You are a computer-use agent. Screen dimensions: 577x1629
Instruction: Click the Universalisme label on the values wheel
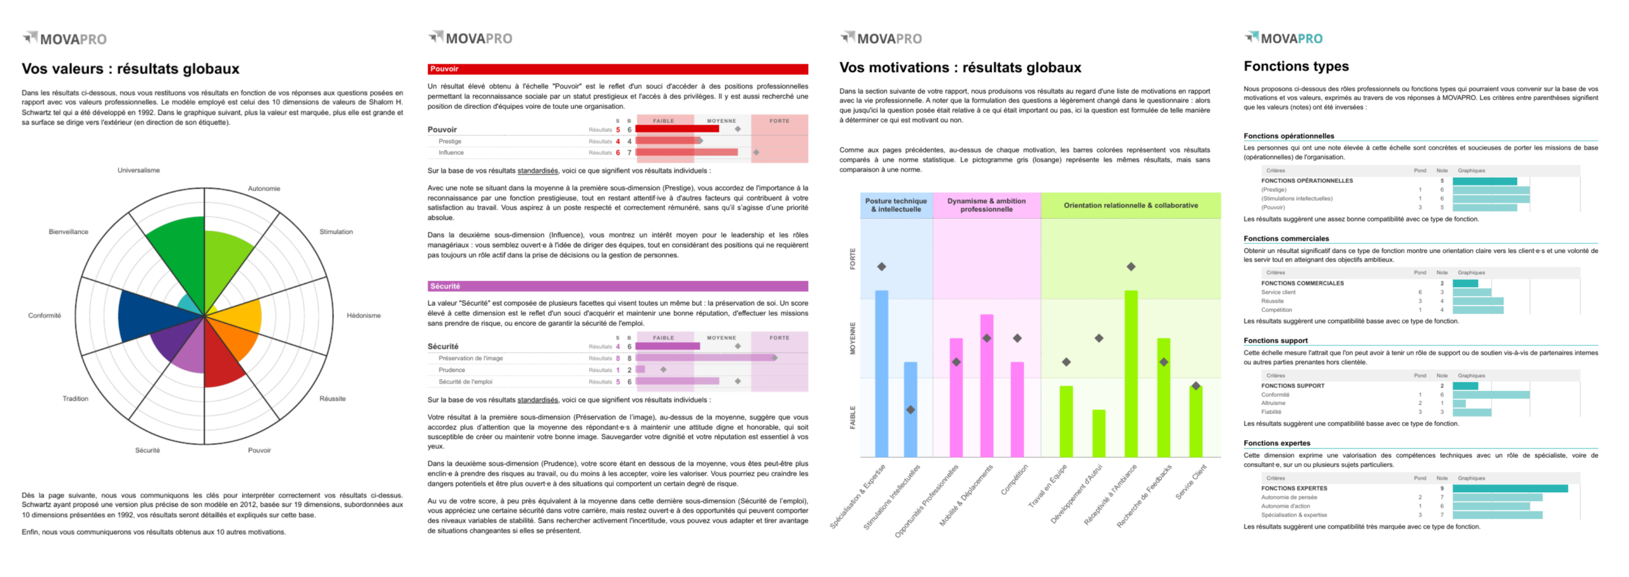(x=138, y=170)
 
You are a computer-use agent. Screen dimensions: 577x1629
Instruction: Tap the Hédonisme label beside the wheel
(x=363, y=315)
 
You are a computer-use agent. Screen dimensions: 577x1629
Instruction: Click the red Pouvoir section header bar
(x=617, y=69)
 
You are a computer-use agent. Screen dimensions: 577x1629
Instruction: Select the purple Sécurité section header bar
(x=617, y=286)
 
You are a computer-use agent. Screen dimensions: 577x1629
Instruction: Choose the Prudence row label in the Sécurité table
(x=452, y=370)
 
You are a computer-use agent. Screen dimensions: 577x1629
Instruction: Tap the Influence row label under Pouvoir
(x=451, y=153)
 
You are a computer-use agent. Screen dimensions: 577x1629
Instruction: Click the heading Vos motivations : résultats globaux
(x=960, y=68)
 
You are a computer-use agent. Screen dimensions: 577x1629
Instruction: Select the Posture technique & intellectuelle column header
(x=895, y=205)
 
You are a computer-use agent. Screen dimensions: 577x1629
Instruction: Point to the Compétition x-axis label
(x=1014, y=480)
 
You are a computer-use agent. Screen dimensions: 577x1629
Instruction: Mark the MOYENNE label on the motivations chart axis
(x=853, y=338)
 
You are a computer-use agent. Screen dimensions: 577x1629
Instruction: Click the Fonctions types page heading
(x=1296, y=66)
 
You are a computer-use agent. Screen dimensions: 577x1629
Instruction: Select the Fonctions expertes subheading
(x=1276, y=443)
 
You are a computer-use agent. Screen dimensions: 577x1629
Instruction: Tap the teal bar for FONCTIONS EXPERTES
(x=1509, y=488)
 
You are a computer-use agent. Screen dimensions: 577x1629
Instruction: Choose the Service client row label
(x=1278, y=292)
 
